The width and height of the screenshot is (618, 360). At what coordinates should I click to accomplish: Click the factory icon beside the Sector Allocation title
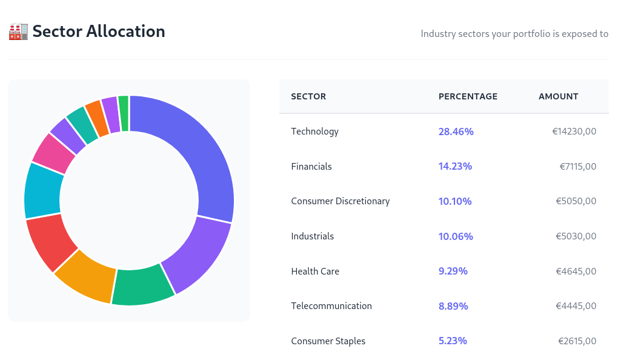point(18,32)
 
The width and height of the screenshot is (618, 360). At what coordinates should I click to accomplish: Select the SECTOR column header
point(308,96)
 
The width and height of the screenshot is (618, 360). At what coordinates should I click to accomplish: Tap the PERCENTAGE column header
point(468,96)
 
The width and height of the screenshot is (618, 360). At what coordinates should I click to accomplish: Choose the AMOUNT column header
point(558,96)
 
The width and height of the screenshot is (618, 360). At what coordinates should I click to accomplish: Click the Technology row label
point(314,132)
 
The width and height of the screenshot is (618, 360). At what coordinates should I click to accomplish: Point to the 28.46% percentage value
point(456,132)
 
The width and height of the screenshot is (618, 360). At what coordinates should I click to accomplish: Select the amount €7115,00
point(577,167)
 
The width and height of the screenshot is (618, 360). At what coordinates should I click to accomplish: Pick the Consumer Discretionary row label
point(340,201)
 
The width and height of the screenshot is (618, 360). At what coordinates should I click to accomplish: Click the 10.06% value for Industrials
point(456,236)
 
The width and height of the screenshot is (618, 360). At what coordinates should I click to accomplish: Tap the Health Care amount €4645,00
point(576,272)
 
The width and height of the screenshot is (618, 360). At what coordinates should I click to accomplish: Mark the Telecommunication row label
point(331,306)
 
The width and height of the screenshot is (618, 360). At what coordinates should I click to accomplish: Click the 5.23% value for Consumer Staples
point(453,341)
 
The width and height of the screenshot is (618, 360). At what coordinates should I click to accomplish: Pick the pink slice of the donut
point(53,153)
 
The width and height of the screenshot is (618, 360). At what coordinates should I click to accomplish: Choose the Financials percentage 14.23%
point(455,167)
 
